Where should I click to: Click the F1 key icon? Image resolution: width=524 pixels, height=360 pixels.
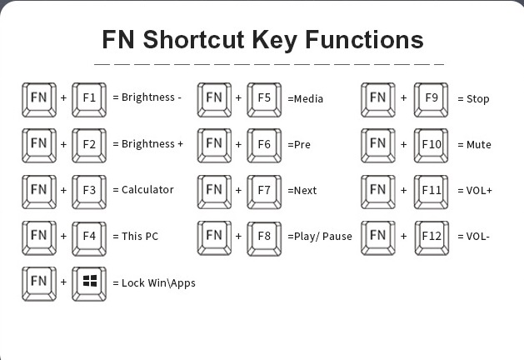90,98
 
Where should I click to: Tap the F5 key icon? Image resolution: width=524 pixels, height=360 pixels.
265,99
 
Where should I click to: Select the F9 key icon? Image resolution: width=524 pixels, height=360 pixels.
432,99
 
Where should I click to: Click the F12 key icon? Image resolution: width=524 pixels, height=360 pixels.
432,237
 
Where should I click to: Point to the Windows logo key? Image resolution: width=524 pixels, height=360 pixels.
90,283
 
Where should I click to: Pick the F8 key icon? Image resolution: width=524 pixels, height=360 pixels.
265,237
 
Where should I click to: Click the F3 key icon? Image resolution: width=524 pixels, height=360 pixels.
90,190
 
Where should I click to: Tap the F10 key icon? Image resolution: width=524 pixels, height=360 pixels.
432,145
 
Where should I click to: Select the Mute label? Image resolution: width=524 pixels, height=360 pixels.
479,145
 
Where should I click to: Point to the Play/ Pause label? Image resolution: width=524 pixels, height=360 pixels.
322,237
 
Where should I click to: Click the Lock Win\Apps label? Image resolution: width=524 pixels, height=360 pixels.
158,283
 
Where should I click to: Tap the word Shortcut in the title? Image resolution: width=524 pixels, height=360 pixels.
212,40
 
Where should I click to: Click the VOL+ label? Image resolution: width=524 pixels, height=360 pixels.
479,191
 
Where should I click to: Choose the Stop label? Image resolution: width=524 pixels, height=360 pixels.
478,99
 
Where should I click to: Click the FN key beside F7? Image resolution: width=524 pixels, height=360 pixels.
214,191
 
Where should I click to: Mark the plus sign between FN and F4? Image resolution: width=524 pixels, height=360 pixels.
64,237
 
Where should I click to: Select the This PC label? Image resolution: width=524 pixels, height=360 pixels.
140,237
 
